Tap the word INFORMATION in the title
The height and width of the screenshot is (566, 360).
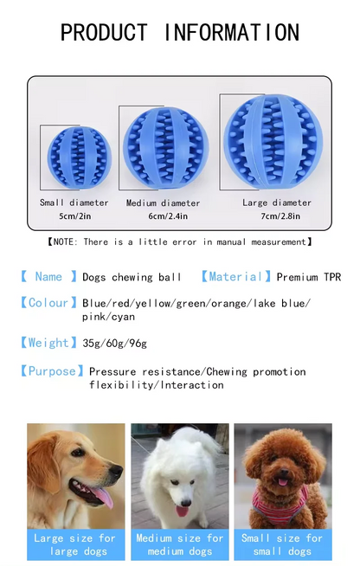(x=232, y=33)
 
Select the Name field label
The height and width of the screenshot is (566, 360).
(x=48, y=277)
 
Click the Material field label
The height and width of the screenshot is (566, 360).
(x=235, y=277)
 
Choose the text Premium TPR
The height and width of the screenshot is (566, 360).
(x=309, y=278)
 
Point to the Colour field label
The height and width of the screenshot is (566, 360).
(x=48, y=303)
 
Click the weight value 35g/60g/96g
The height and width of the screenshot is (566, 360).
(x=115, y=344)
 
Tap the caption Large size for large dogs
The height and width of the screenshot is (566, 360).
(x=75, y=544)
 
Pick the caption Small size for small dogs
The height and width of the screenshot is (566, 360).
(x=283, y=544)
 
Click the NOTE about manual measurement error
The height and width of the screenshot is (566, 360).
(x=179, y=242)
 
